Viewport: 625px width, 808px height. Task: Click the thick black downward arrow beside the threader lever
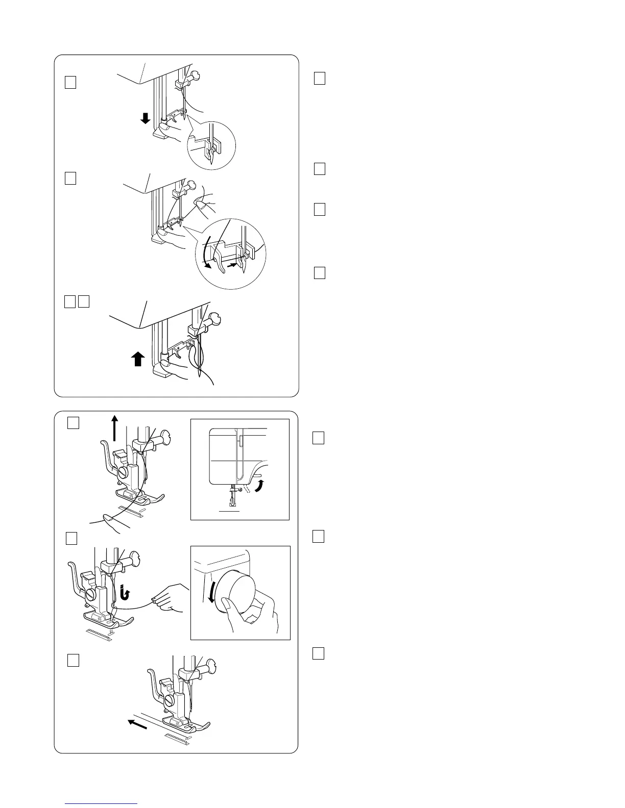tap(146, 119)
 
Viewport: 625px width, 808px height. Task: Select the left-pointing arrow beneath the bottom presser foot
tap(137, 724)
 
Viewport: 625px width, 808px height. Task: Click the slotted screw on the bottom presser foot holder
tap(170, 701)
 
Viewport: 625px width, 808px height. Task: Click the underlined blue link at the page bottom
tap(102, 804)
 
